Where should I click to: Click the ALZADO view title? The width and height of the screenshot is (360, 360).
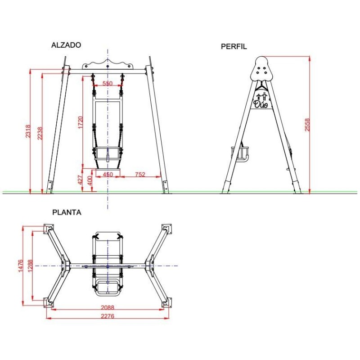66,45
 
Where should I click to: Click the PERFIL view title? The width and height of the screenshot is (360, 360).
234,46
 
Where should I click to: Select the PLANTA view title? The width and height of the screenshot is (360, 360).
67,212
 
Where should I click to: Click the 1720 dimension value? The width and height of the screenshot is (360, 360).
81,122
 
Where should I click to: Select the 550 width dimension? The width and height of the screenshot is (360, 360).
107,84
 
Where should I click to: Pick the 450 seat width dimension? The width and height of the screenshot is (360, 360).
108,174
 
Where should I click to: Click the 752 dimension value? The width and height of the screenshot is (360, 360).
140,174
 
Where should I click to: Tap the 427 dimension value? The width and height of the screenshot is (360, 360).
81,180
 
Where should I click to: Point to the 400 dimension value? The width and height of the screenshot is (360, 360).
90,181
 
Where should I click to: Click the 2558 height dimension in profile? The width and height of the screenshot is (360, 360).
307,125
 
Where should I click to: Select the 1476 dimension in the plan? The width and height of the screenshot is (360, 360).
21,266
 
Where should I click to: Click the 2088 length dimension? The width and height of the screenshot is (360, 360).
107,308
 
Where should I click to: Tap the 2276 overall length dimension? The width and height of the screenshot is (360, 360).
107,316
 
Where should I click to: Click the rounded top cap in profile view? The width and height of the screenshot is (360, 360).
261,69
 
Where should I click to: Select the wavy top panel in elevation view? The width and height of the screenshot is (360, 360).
108,64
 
